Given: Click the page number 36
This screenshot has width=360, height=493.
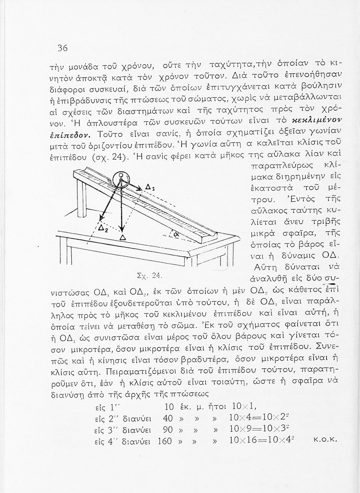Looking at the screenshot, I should pyautogui.click(x=62, y=48).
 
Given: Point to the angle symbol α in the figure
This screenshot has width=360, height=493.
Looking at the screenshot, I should pyautogui.click(x=176, y=234).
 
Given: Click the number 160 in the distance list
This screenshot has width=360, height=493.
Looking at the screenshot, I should pyautogui.click(x=165, y=441).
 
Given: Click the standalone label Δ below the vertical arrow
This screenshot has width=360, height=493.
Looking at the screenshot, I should pyautogui.click(x=123, y=237).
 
